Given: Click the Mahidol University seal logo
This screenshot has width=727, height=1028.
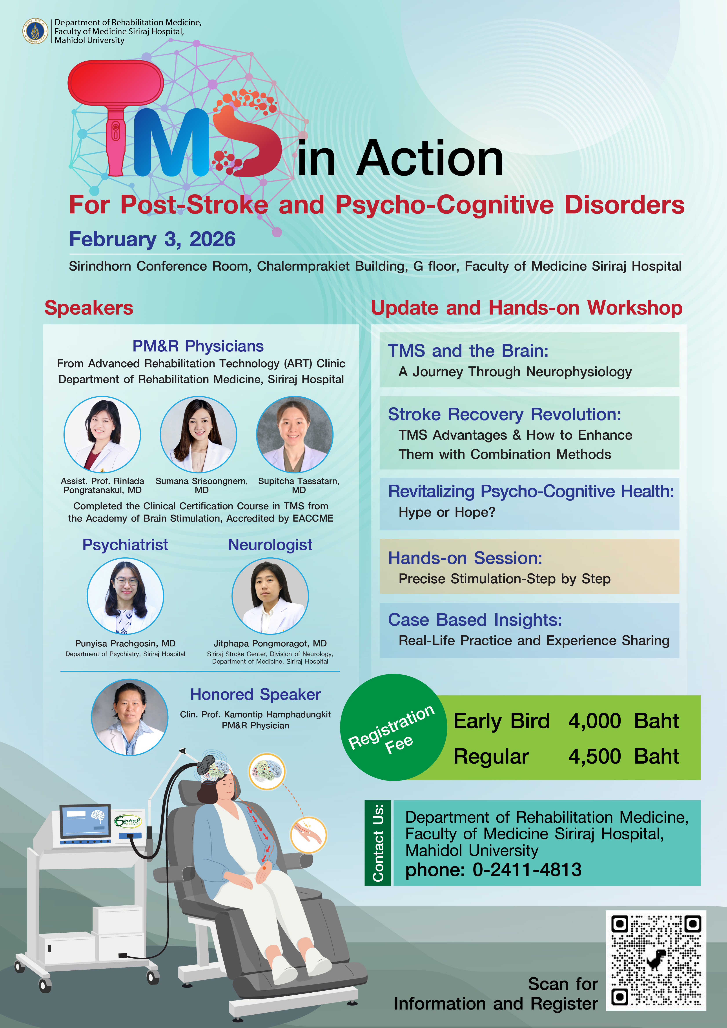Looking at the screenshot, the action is [x=35, y=31].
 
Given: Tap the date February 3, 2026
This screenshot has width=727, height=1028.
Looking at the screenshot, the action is [x=152, y=239].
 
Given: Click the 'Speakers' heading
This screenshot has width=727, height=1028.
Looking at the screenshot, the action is [x=89, y=308].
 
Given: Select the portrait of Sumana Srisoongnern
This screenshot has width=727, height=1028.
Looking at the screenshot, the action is [x=199, y=434].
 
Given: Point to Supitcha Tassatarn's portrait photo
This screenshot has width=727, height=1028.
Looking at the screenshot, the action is [x=295, y=434].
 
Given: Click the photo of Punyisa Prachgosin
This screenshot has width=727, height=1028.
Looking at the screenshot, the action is [x=126, y=596].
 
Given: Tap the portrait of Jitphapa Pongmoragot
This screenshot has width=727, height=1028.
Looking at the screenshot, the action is [x=270, y=596].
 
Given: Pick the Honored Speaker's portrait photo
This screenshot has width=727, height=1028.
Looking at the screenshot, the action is [x=130, y=717].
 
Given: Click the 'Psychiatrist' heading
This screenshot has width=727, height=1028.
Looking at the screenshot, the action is [x=126, y=545].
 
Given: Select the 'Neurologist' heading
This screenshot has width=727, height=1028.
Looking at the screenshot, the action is [x=270, y=545].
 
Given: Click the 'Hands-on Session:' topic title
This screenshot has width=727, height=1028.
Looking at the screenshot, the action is [x=465, y=558].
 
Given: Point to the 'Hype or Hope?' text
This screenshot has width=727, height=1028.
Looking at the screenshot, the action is [x=447, y=512].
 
